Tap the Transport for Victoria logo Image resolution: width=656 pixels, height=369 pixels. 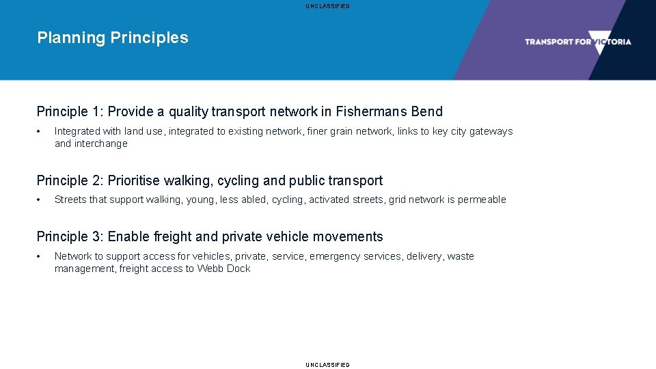pos(577,42)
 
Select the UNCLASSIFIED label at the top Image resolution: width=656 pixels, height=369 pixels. pos(328,6)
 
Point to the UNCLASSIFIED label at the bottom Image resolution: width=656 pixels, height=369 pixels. pos(328,365)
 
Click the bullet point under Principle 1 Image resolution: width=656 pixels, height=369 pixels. pos(40,131)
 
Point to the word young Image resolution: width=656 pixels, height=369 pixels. pos(199,200)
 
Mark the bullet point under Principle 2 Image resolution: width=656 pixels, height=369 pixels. pos(40,200)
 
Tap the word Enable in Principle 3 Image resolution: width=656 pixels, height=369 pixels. pos(128,237)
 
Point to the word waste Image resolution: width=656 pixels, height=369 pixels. pos(461,256)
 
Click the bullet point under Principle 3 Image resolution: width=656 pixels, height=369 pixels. pos(40,256)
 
